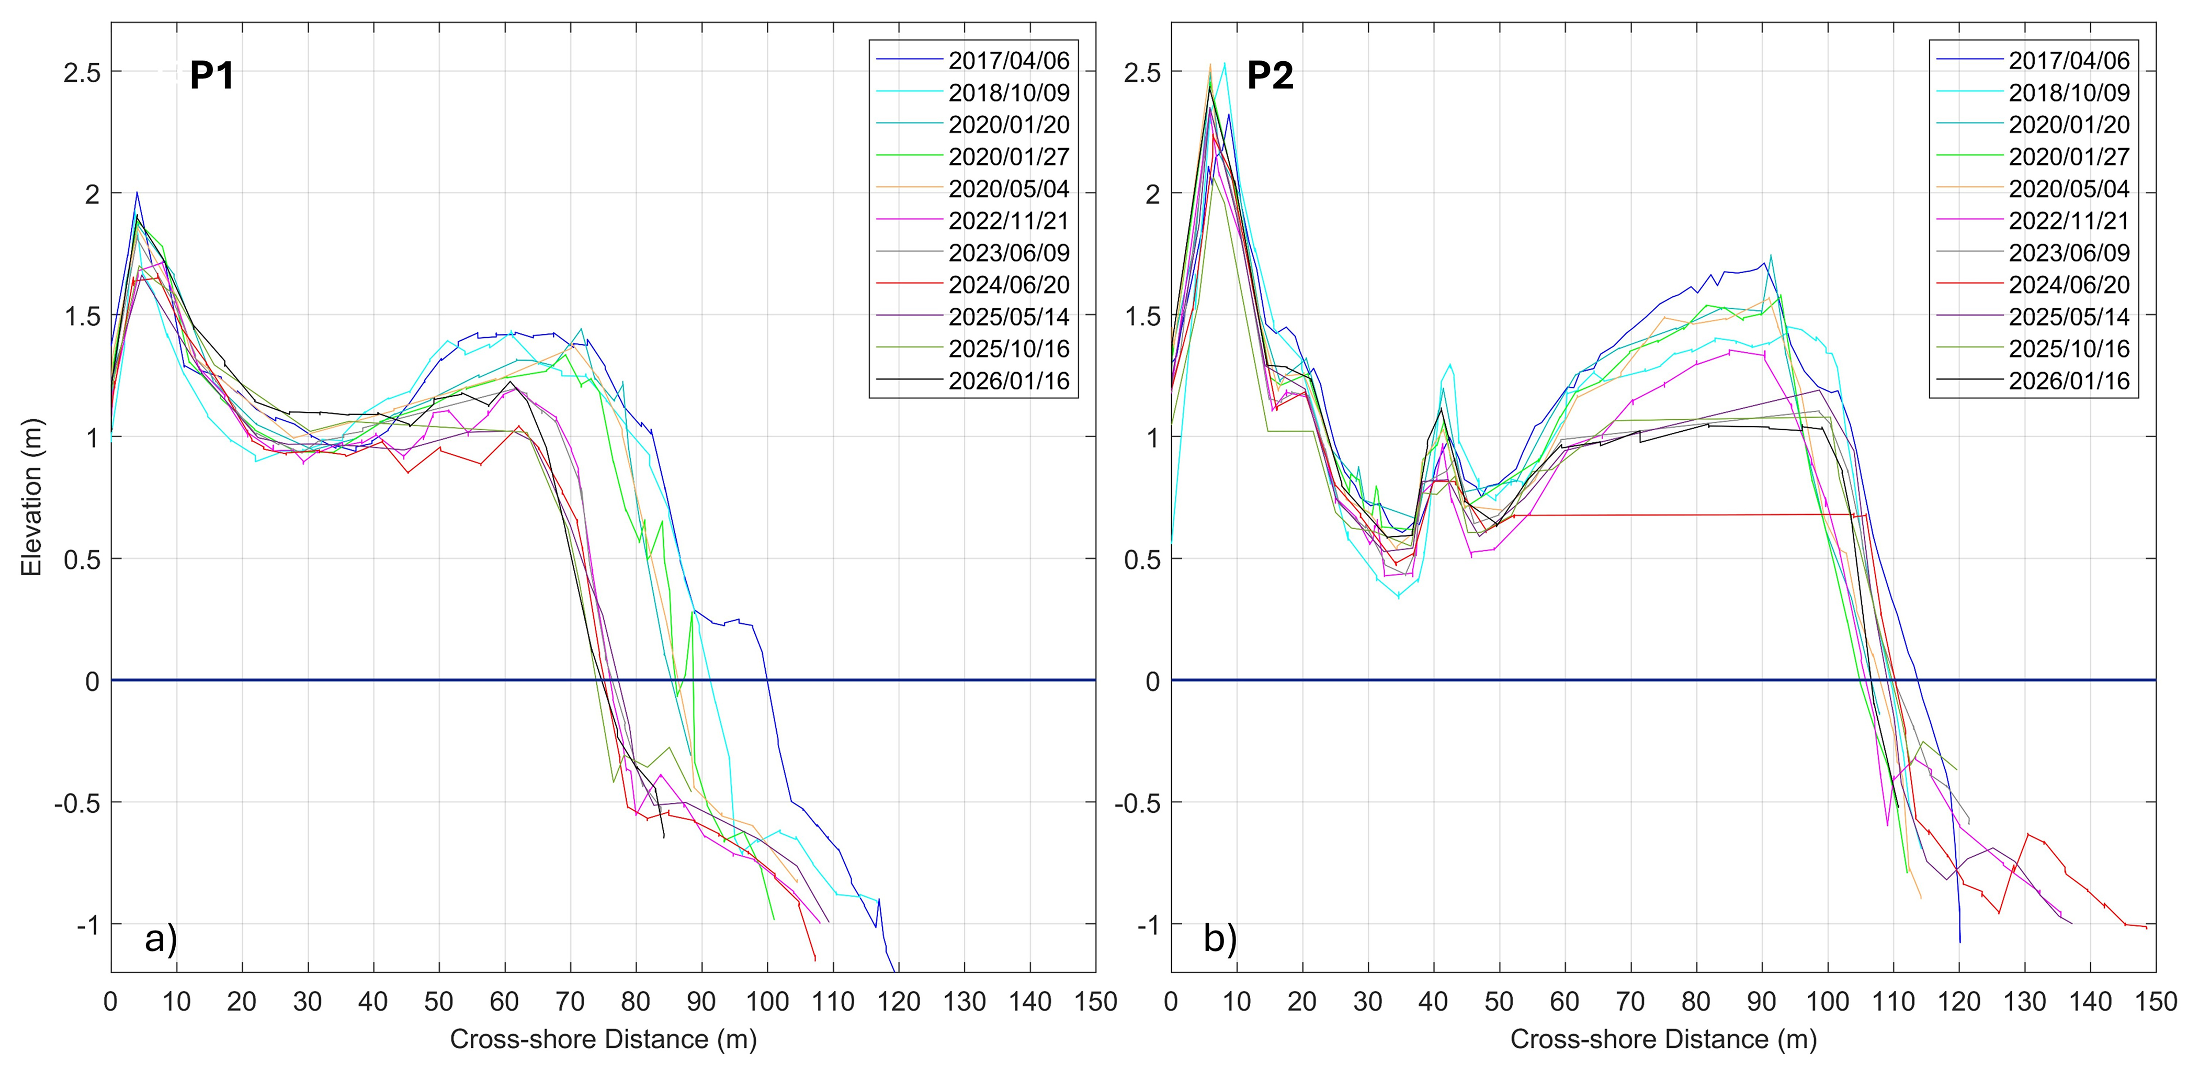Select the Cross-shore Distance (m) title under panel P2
tap(1663, 1039)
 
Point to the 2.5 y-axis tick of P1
tap(81, 73)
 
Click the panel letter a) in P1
tap(161, 939)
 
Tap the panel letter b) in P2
tap(1220, 939)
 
